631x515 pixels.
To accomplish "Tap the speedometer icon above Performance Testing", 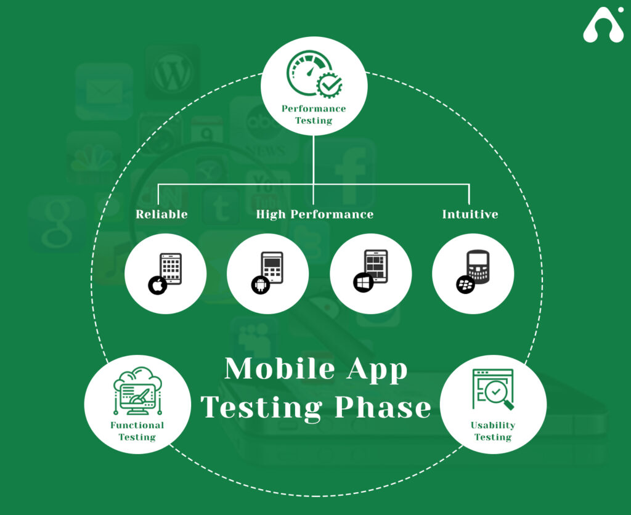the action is pyautogui.click(x=314, y=74).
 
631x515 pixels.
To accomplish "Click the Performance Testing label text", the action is pyautogui.click(x=314, y=114).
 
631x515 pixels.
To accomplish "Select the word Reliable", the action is pyautogui.click(x=161, y=214).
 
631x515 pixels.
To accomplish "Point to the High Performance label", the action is pyautogui.click(x=315, y=214).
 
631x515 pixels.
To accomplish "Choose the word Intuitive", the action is pyautogui.click(x=470, y=214).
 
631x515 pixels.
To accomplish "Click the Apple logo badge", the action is pyautogui.click(x=158, y=285).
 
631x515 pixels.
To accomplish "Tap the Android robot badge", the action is pyautogui.click(x=261, y=285).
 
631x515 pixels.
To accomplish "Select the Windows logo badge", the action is pyautogui.click(x=364, y=282).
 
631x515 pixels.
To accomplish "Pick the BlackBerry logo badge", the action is pyautogui.click(x=466, y=285).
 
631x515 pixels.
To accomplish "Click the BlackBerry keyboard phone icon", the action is pyautogui.click(x=478, y=267).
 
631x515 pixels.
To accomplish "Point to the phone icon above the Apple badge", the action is pyautogui.click(x=171, y=269).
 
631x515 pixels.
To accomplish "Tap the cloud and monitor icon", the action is pyautogui.click(x=137, y=391).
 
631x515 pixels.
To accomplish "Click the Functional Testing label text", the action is pyautogui.click(x=137, y=431).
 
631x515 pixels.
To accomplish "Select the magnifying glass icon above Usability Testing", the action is pyautogui.click(x=494, y=389).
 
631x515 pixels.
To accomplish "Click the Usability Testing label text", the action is pyautogui.click(x=493, y=431).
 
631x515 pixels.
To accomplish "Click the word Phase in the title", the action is pyautogui.click(x=383, y=407).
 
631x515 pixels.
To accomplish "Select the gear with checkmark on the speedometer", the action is pyautogui.click(x=330, y=85).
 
